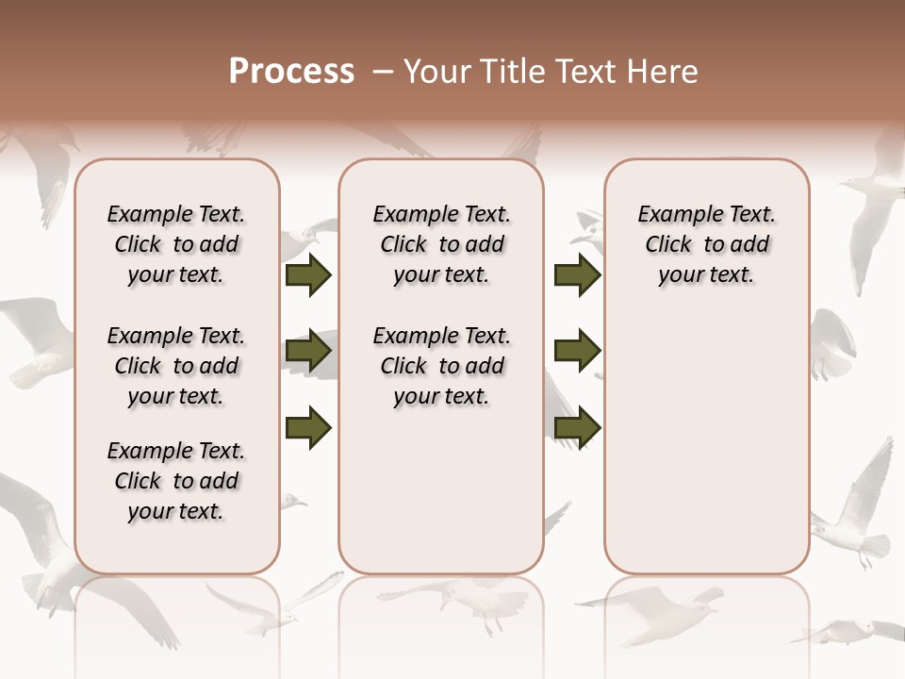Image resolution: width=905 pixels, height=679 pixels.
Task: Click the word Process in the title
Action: point(291,72)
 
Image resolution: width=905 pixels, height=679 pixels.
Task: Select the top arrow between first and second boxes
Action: point(308,274)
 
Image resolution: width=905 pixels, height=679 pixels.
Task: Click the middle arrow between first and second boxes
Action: point(308,352)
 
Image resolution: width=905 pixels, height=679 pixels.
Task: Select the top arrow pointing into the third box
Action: point(577,274)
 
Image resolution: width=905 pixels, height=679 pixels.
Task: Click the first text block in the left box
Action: point(176,244)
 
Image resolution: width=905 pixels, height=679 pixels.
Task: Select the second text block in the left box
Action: point(176,366)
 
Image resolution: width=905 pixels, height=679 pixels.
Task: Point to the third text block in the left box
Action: point(176,481)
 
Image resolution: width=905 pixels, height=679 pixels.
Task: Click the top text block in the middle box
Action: point(441,244)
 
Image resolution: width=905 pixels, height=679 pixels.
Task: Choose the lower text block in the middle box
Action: point(441,366)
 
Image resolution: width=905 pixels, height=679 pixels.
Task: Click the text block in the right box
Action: point(706,244)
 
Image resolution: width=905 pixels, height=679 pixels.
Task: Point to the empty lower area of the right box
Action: point(706,453)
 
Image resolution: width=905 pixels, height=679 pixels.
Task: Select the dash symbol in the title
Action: point(382,72)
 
